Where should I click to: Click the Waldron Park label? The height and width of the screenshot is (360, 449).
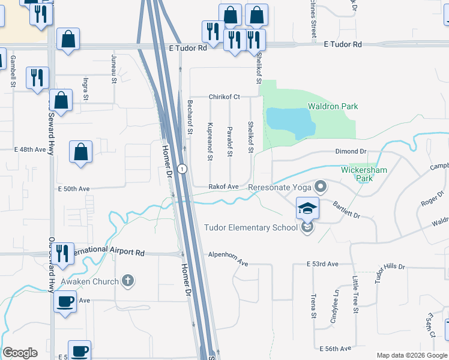tap(333, 106)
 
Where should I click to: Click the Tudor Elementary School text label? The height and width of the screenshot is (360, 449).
tap(251, 227)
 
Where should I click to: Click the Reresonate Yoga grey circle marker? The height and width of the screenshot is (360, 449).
tap(321, 187)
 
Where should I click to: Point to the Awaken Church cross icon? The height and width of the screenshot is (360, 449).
tap(127, 280)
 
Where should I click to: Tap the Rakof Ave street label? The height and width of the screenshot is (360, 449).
tap(223, 187)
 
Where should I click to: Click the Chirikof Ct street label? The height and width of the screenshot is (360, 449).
tap(224, 97)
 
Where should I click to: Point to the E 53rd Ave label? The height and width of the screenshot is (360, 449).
tap(323, 264)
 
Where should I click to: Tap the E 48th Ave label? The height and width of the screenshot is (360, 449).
tap(30, 149)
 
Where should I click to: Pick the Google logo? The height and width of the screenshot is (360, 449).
tap(20, 353)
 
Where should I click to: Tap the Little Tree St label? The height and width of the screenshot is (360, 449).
tap(355, 294)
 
